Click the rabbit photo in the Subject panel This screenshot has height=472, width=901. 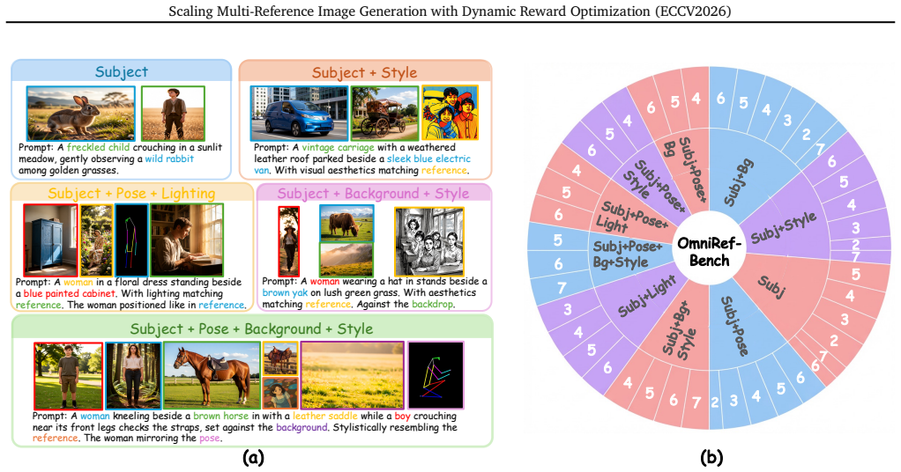click(81, 114)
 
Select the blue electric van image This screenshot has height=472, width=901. click(300, 114)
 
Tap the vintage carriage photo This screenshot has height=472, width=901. click(385, 114)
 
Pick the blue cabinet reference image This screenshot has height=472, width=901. click(50, 240)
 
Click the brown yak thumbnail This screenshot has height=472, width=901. click(346, 223)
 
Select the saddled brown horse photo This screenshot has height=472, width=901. click(212, 375)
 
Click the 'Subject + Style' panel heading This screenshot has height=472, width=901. click(364, 73)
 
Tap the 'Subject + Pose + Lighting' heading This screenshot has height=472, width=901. click(131, 194)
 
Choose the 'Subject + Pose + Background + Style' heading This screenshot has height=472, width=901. click(251, 329)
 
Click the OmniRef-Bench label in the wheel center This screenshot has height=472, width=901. click(709, 252)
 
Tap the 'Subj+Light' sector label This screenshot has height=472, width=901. click(646, 296)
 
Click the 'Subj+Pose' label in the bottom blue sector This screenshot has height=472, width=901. click(735, 326)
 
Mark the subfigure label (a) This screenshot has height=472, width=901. click(253, 458)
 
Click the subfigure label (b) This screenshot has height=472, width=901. click(711, 458)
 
